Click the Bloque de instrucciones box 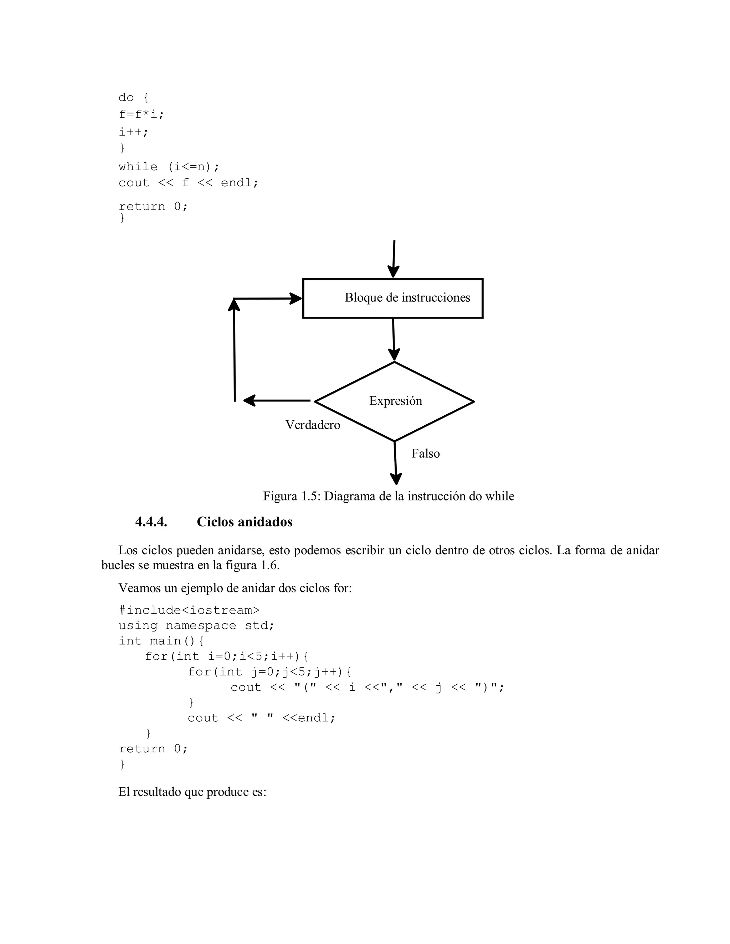pos(393,298)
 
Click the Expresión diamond pos(395,401)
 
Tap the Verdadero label pos(313,425)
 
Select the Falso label pos(426,453)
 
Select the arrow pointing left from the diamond pos(277,401)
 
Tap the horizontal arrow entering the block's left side pos(267,298)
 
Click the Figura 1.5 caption pos(389,496)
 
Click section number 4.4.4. pos(151,522)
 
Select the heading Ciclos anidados pos(244,522)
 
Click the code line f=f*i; pos(142,115)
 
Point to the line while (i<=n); pos(169,166)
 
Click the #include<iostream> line pos(189,610)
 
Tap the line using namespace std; pos(196,626)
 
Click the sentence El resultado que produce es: pos(192,792)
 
